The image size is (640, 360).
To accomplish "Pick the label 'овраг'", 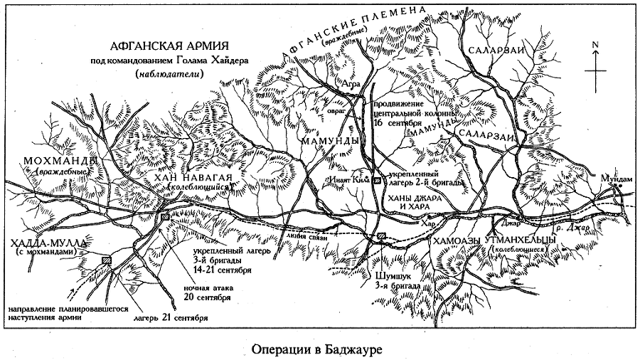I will coord(345,112).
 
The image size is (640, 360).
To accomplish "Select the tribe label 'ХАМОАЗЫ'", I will coord(457,242).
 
